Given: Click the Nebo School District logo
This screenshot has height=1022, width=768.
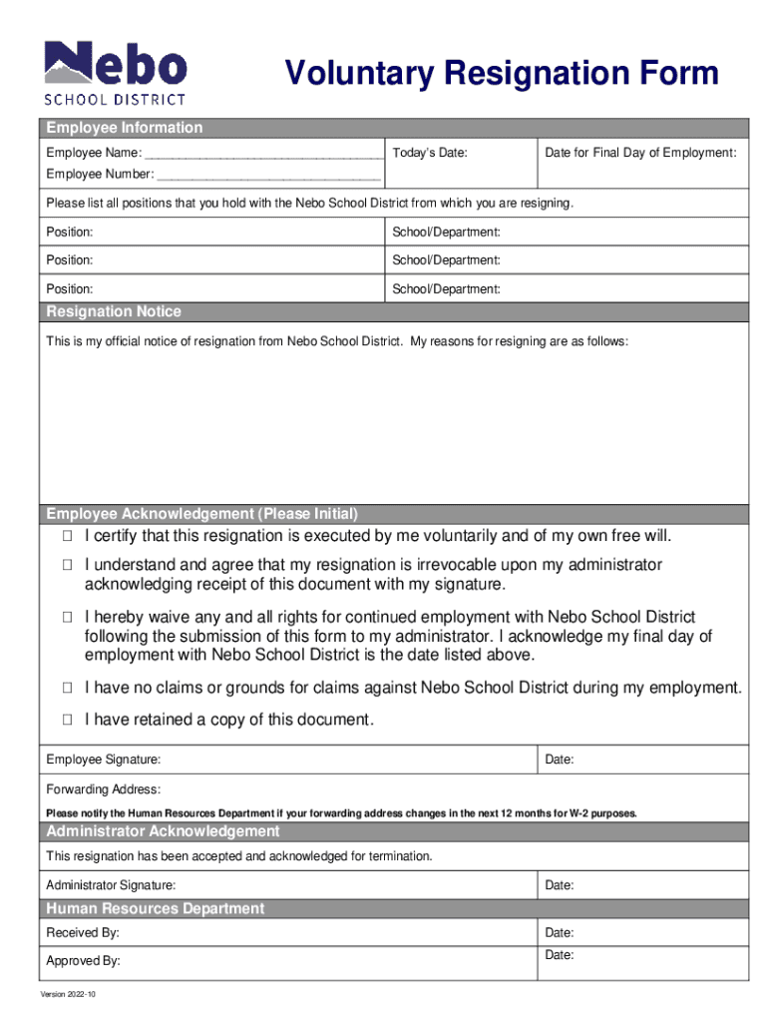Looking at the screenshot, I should click(115, 72).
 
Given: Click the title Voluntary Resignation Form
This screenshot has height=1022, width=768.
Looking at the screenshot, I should click(501, 74).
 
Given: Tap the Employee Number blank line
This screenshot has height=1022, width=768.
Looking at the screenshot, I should click(268, 175).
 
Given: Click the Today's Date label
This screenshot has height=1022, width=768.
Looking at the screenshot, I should click(430, 153).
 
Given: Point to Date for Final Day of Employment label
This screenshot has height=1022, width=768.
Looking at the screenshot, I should click(640, 153).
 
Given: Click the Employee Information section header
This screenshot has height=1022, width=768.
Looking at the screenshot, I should click(125, 128).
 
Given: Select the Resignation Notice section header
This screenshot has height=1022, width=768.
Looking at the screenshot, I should click(114, 311).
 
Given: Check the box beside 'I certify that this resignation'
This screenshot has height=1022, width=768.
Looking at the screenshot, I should click(67, 537).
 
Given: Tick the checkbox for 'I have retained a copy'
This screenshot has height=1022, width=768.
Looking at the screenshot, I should click(67, 719).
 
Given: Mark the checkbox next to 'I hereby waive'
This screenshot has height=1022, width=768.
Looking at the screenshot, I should click(67, 618).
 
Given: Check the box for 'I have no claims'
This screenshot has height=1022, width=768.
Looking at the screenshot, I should click(67, 688).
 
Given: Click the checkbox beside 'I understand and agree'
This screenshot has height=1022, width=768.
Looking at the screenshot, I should click(67, 566).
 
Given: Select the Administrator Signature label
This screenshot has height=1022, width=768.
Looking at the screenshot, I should click(112, 885).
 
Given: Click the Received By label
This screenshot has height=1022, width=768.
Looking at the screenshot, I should click(83, 933).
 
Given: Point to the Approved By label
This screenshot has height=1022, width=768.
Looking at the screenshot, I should click(84, 961).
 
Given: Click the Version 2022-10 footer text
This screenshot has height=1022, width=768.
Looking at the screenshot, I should click(68, 996).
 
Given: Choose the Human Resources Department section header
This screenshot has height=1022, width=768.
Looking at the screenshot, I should click(156, 908).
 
